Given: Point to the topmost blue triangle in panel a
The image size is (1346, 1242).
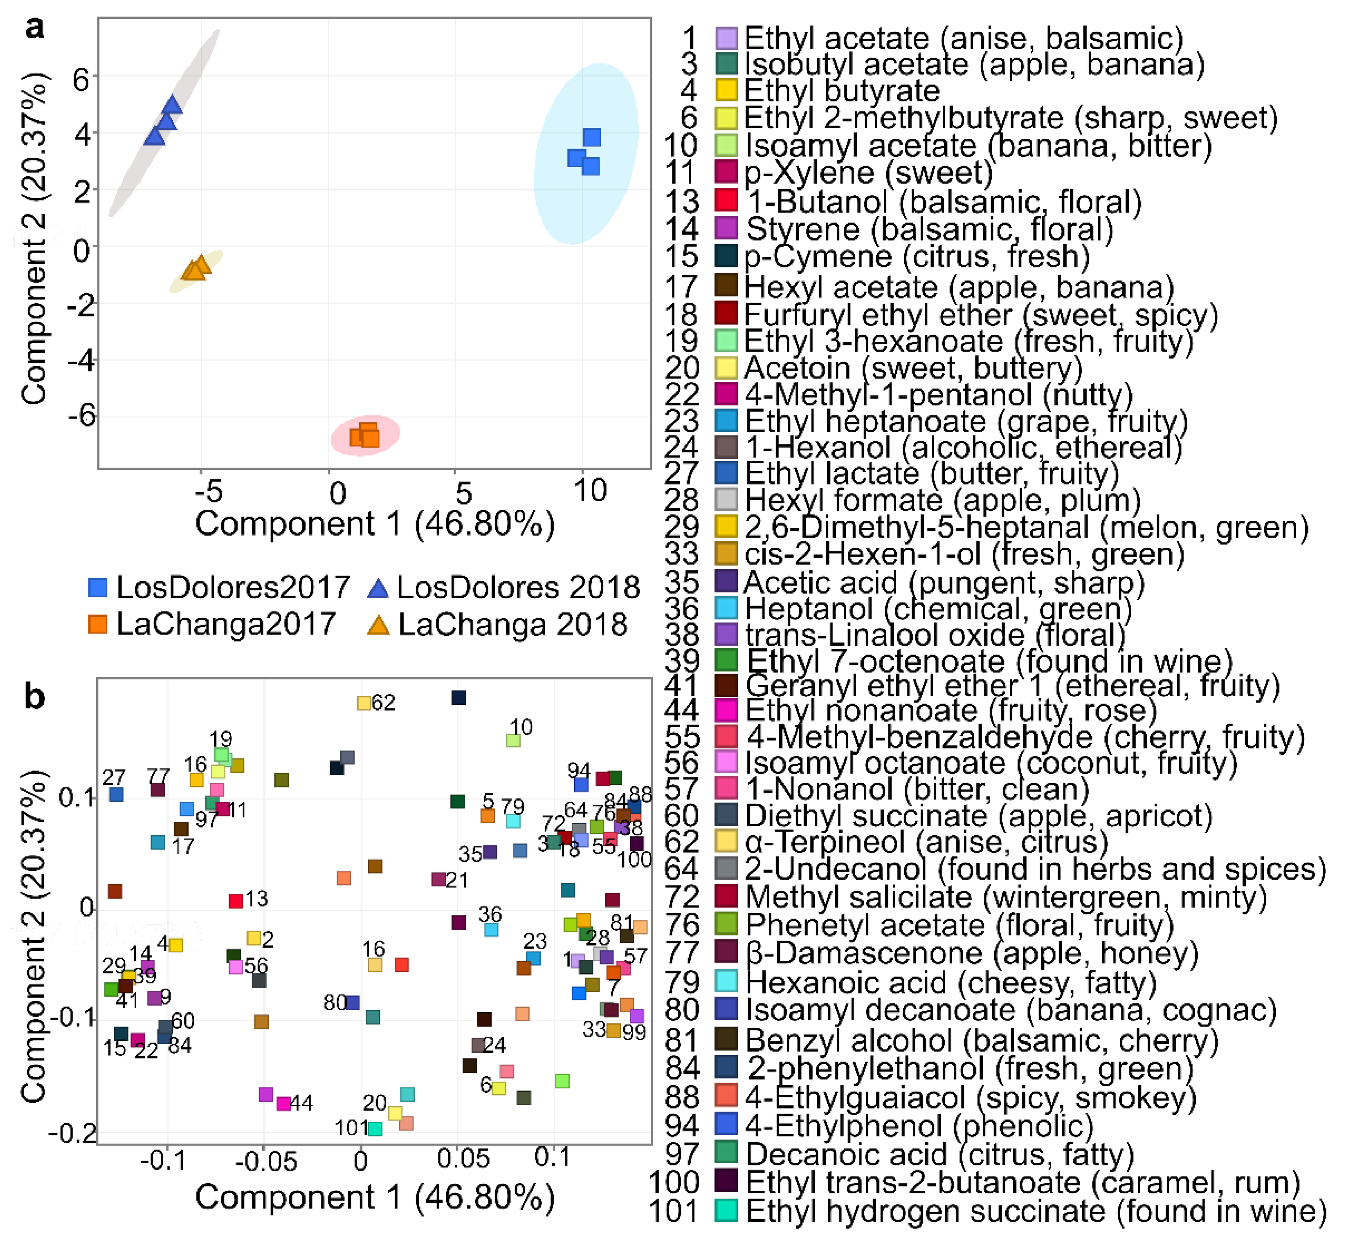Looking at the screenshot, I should point(172,104).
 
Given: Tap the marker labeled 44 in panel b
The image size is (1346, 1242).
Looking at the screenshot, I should point(284,1103).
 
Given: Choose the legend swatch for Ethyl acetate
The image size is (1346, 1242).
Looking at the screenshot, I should point(726,38).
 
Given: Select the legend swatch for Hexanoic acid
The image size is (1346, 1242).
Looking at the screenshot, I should point(726,982).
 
